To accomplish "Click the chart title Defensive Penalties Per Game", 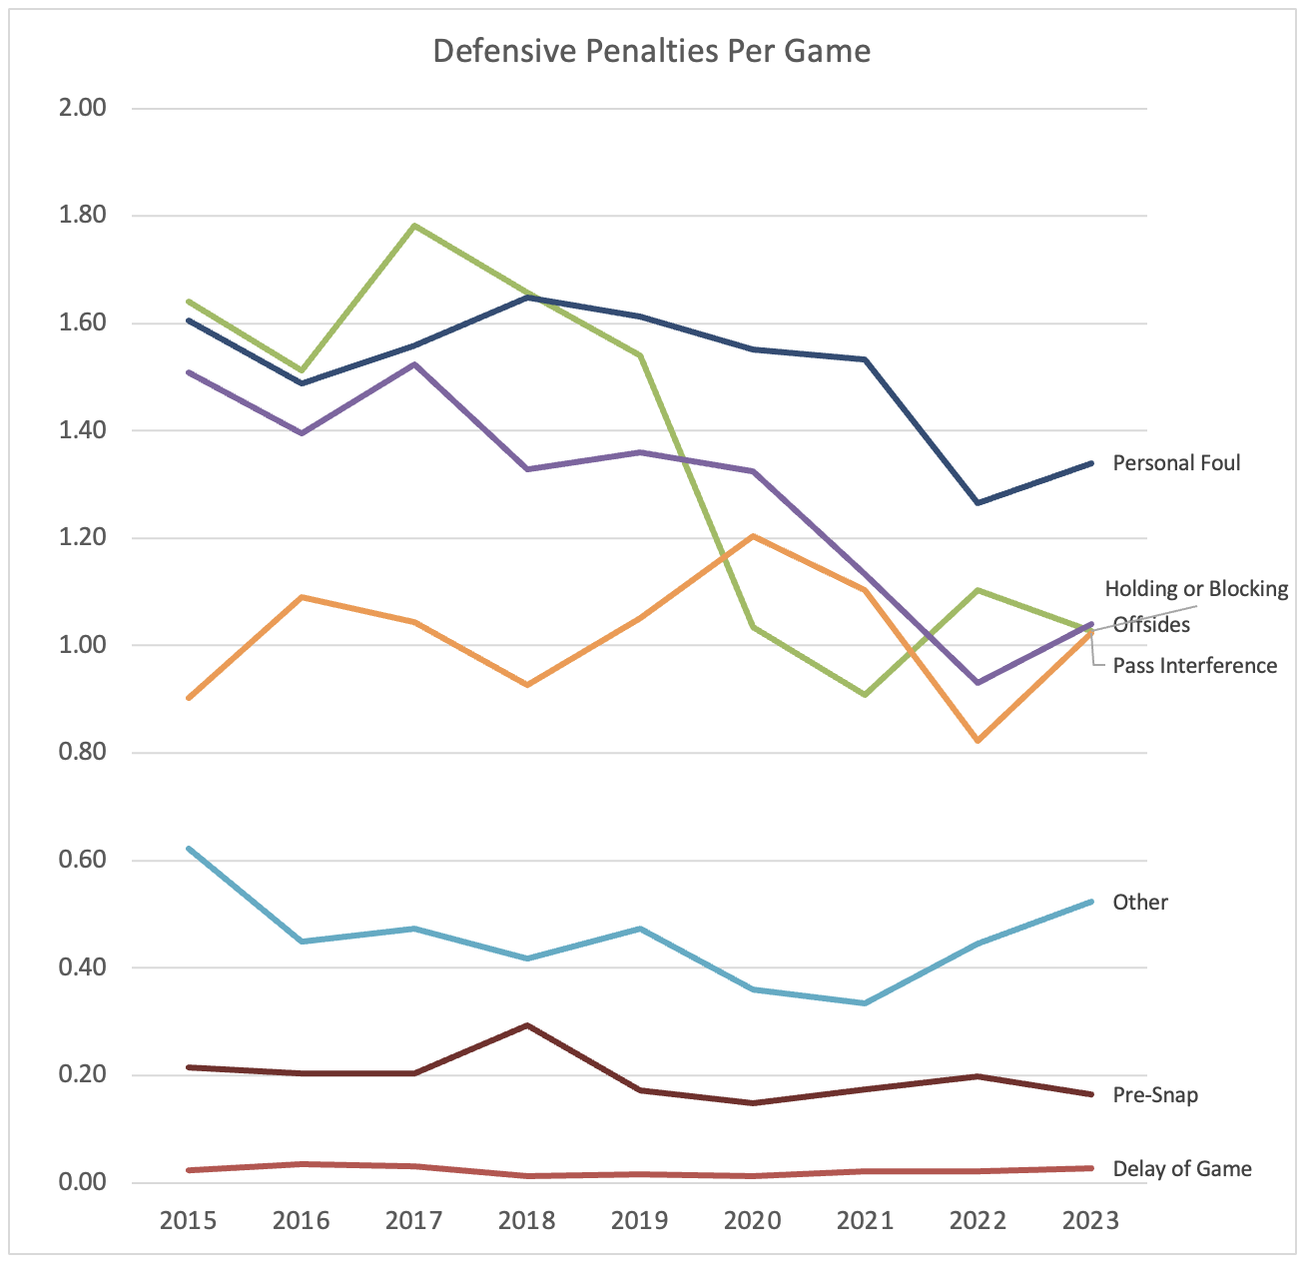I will click(x=651, y=51).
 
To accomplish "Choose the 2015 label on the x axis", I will click(x=188, y=1221).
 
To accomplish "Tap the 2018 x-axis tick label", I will click(x=526, y=1221).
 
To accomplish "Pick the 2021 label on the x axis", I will click(x=865, y=1221).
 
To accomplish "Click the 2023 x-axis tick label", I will click(x=1090, y=1221).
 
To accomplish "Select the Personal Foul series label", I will click(x=1176, y=463).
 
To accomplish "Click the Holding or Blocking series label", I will click(x=1196, y=589).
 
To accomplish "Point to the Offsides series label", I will click(x=1151, y=625).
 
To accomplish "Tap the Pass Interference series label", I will click(x=1194, y=666).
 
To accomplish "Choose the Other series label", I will click(x=1140, y=903).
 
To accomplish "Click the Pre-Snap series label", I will click(x=1155, y=1095).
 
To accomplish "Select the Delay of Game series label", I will click(x=1181, y=1169).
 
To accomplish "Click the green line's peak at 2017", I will click(x=414, y=226).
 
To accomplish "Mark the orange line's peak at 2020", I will click(x=753, y=536).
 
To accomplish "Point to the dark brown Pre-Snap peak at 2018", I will click(x=526, y=1025).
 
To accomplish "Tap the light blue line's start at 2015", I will click(x=189, y=849).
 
